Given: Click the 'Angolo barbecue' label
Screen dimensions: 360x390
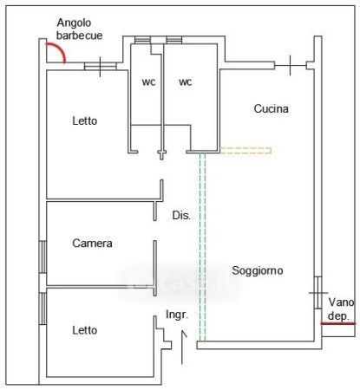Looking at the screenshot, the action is pos(79,29).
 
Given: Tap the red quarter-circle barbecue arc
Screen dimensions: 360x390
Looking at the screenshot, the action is pos(59,49).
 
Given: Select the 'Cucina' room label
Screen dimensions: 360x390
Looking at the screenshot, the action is pos(272,108).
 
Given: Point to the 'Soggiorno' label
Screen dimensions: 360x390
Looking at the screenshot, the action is pos(258,270).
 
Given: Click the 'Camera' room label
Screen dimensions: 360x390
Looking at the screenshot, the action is pos(92,244).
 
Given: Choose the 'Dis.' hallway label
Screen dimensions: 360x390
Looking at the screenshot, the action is pos(181,215).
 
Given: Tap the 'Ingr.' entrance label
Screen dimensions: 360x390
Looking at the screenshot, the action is pos(177,315).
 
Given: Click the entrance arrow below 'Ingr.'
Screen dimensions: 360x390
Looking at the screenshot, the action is pos(182,348).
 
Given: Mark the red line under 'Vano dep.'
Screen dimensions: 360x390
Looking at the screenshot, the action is pos(338,324).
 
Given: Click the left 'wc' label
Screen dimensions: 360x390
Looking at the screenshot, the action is pos(148,82).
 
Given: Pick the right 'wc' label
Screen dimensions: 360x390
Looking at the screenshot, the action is pos(186,82).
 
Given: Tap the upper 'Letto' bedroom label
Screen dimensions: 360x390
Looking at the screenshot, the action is pos(85,120).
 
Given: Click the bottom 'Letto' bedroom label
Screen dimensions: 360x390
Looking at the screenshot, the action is pos(85,330).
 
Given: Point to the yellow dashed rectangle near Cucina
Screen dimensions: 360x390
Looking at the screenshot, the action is pos(245,151).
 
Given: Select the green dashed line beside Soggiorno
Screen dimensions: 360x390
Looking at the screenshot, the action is pos(202,247).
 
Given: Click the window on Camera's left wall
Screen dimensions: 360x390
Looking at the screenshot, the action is pos(43,257).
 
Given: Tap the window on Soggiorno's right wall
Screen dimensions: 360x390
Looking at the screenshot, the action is pos(318,293).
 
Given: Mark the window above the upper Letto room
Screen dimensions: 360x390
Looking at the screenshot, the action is pos(101,67).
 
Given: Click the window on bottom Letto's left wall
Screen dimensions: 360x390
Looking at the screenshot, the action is pos(43,309).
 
